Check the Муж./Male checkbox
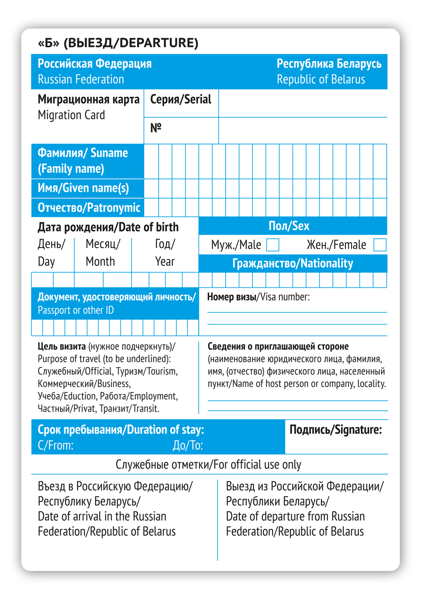[x=273, y=245]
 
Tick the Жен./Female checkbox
[x=380, y=245]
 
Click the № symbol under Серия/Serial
[x=156, y=128]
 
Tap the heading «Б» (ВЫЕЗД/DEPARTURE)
[x=118, y=43]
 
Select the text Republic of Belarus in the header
[x=321, y=79]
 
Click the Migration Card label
[x=71, y=115]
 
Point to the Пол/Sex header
[x=289, y=226]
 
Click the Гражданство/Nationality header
[x=292, y=264]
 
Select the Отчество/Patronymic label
[x=89, y=208]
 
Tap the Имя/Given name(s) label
[x=83, y=188]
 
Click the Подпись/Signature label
[x=335, y=430]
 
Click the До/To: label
[x=188, y=445]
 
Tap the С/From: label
[x=55, y=445]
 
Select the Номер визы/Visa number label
[x=258, y=297]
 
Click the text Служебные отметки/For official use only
[x=208, y=465]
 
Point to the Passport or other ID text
[x=76, y=310]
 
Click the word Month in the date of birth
[x=100, y=262]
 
